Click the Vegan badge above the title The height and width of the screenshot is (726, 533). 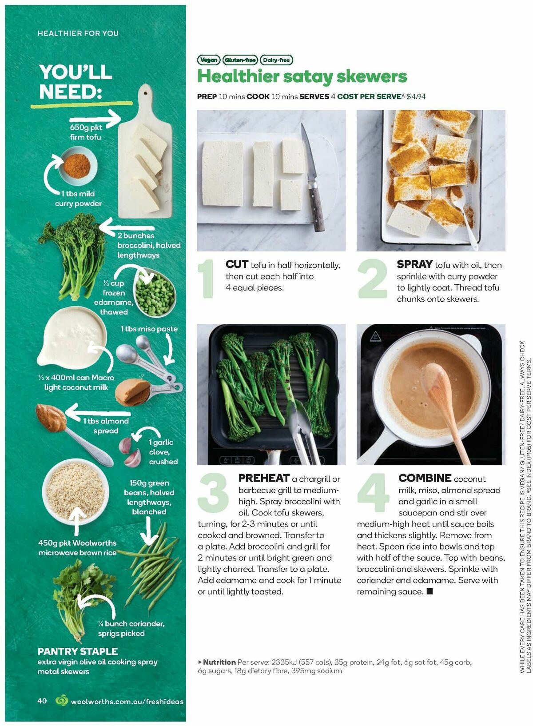click(208, 60)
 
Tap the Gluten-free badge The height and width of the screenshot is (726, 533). click(240, 60)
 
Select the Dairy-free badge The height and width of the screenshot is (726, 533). click(276, 60)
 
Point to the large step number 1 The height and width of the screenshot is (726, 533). click(207, 279)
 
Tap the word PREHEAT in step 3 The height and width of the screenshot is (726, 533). click(264, 479)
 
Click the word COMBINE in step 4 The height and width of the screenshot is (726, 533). click(425, 479)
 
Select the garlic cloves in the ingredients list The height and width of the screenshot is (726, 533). click(131, 451)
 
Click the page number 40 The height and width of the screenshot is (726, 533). click(42, 701)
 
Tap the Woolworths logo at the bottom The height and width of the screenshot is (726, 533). click(61, 701)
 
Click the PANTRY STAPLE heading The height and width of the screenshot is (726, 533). click(78, 651)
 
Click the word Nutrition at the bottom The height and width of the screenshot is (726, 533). click(219, 662)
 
